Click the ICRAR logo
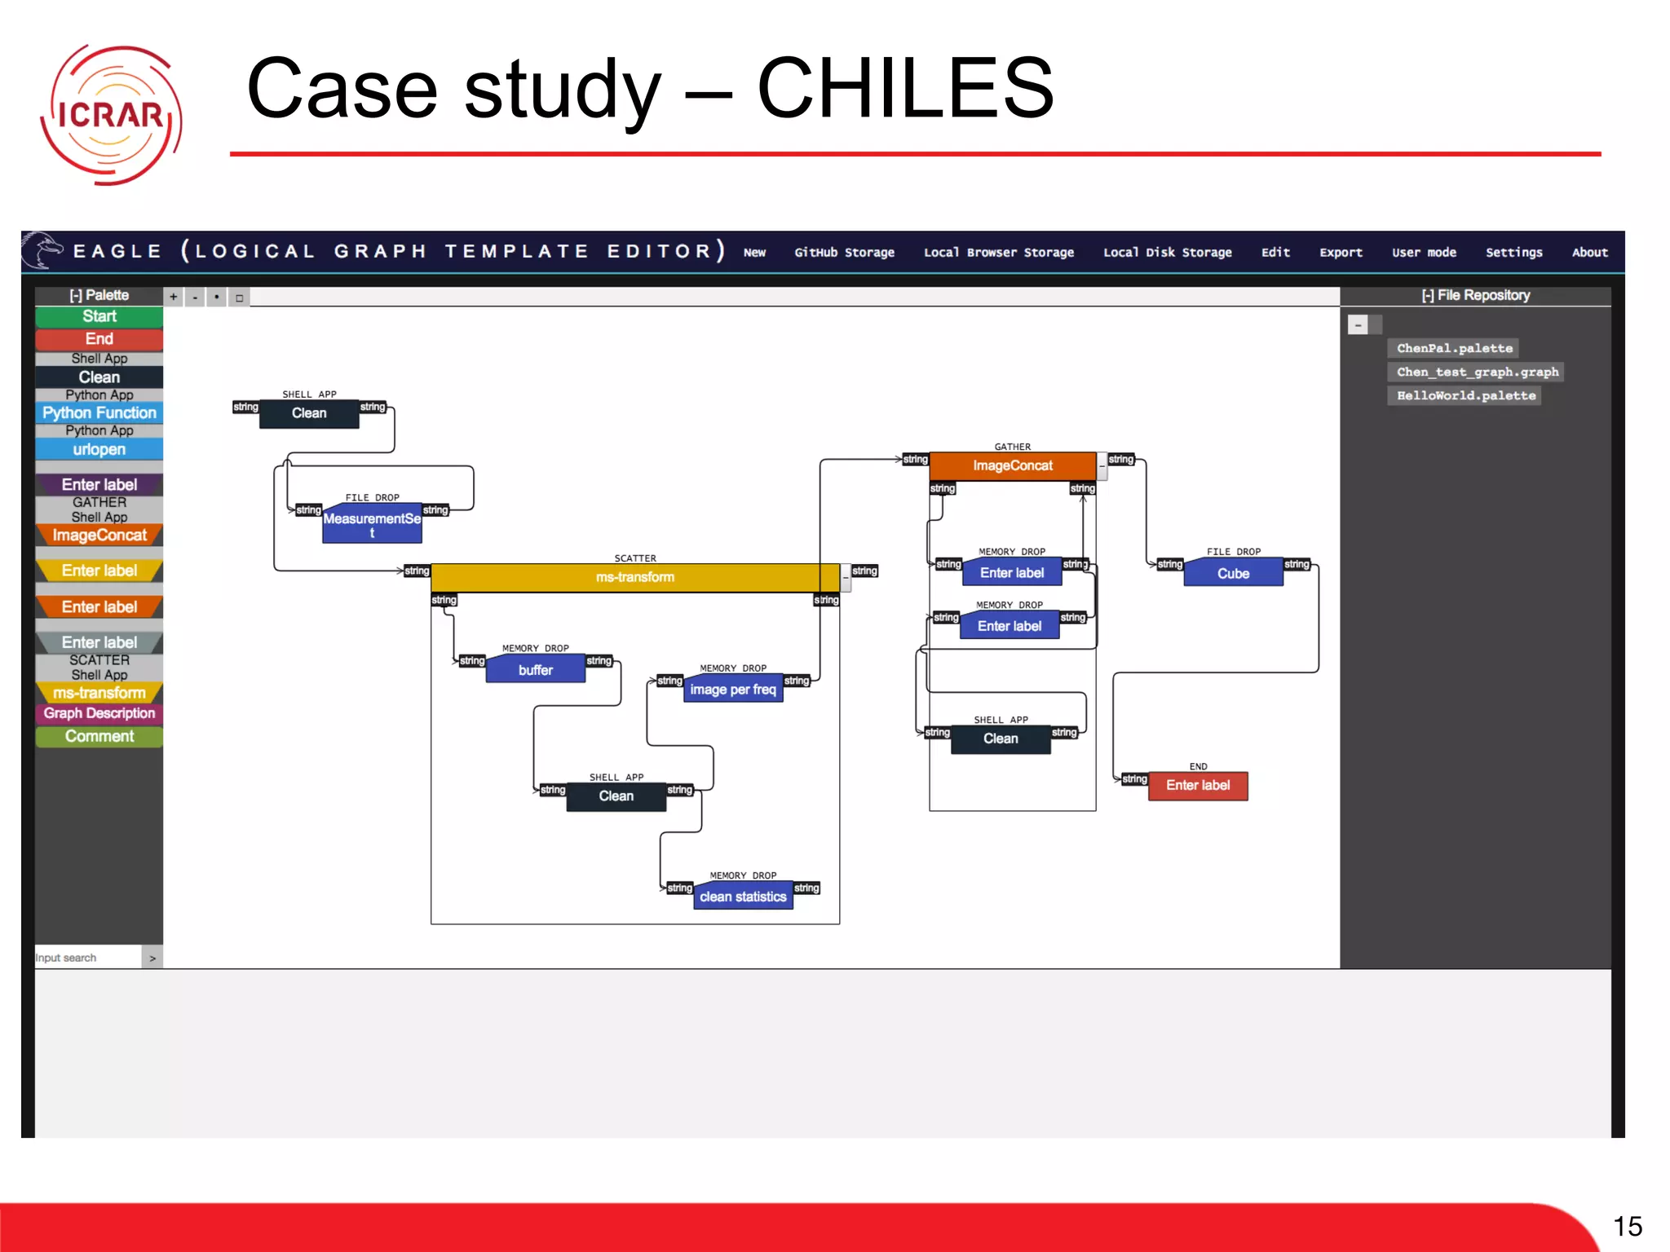[x=111, y=114]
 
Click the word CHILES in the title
[x=905, y=88]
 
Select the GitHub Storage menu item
[x=844, y=253]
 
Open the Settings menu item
[x=1513, y=253]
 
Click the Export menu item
[x=1341, y=253]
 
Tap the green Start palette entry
[x=99, y=316]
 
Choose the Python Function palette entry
[x=99, y=413]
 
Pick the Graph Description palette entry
[x=99, y=713]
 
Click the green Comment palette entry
[x=99, y=736]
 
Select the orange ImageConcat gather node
[x=1012, y=466]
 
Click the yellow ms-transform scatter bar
[x=634, y=577]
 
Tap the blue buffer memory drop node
[x=535, y=670]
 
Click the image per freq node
[x=732, y=690]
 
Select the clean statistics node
[x=742, y=897]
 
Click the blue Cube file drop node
[x=1233, y=574]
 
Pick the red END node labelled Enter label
[x=1197, y=786]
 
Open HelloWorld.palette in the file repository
[x=1465, y=396]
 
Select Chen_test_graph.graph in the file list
[x=1477, y=373]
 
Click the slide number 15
[x=1627, y=1227]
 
